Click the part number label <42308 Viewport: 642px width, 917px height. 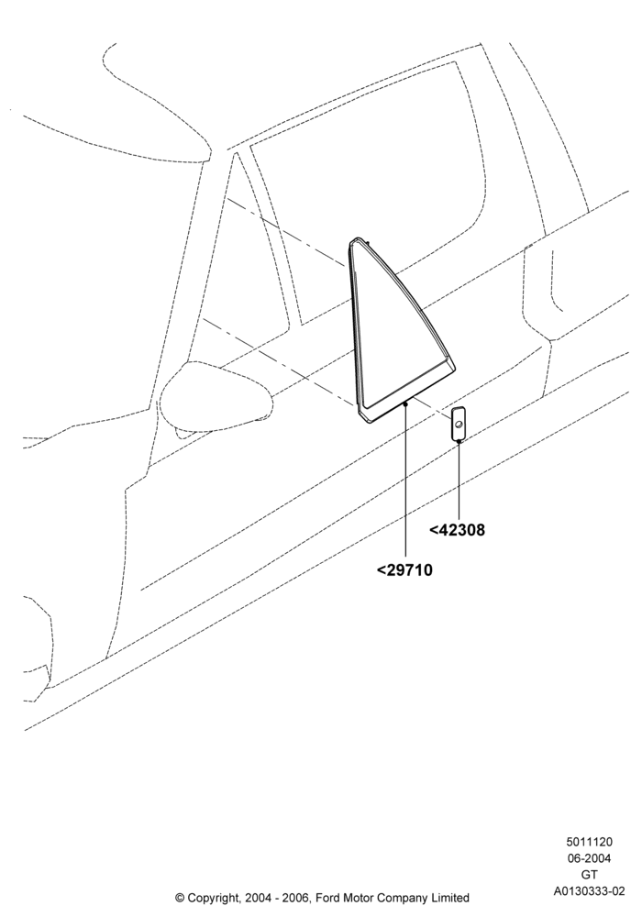pyautogui.click(x=458, y=530)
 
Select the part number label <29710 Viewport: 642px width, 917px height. pyautogui.click(x=404, y=569)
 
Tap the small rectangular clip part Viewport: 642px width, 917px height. pyautogui.click(x=459, y=422)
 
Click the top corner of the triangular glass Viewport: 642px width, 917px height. pyautogui.click(x=355, y=238)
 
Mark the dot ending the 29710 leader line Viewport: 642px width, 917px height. pyautogui.click(x=405, y=403)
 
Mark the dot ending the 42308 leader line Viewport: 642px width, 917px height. pyautogui.click(x=459, y=442)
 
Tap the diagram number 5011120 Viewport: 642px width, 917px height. pyautogui.click(x=589, y=842)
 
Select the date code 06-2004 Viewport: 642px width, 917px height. pyautogui.click(x=589, y=858)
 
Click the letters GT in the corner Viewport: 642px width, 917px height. pyautogui.click(x=590, y=875)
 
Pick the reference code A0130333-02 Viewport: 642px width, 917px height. pyautogui.click(x=590, y=891)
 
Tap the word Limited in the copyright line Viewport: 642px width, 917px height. pyautogui.click(x=449, y=898)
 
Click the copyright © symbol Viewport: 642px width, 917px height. pyautogui.click(x=180, y=898)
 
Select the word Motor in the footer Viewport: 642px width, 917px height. pyautogui.click(x=359, y=898)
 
